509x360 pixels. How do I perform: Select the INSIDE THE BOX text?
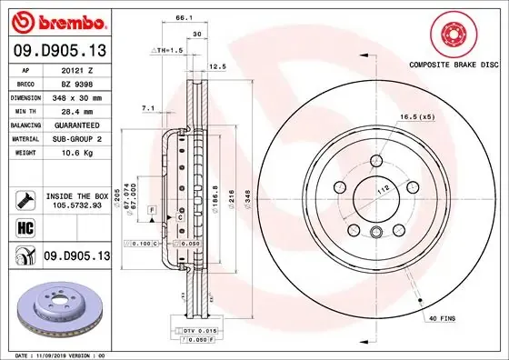(77, 195)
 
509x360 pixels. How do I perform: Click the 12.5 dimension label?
(217, 65)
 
